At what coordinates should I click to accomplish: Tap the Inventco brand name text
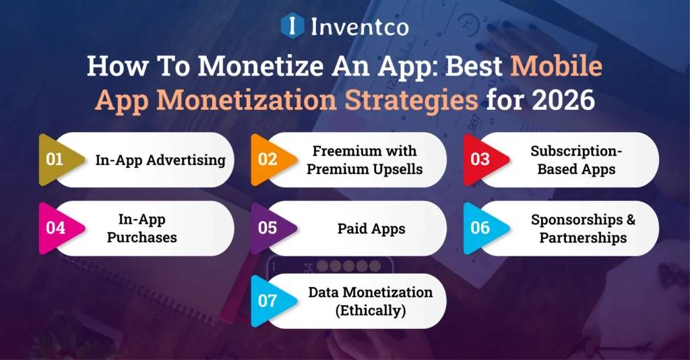[360, 26]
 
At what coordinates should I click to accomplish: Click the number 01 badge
[55, 160]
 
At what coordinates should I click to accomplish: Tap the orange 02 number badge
[268, 160]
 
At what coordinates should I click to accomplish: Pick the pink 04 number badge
[55, 228]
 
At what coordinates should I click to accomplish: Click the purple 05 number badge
[268, 228]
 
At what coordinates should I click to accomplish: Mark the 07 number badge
[268, 301]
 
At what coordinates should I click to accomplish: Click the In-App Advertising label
[160, 160]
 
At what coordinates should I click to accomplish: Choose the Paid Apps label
[371, 229]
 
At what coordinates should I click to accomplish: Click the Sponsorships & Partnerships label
[583, 228]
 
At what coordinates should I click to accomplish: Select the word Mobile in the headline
[555, 67]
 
